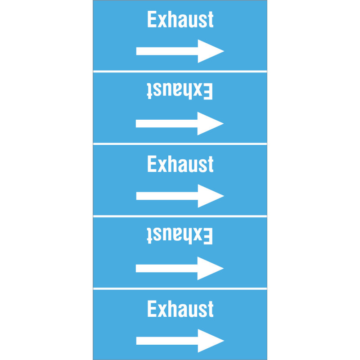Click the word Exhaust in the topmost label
[x=180, y=19]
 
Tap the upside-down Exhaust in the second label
[x=180, y=91]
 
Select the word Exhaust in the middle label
[x=180, y=164]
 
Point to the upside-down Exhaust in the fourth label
[x=180, y=235]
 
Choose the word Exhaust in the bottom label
[x=180, y=309]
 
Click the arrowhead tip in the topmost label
[x=224, y=51]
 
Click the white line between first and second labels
[x=180, y=72]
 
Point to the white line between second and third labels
[x=180, y=144]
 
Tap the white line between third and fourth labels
[x=180, y=216]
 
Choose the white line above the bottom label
[x=180, y=288]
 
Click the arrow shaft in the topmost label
[x=167, y=51]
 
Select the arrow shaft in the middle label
[x=167, y=196]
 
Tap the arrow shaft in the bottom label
[x=167, y=341]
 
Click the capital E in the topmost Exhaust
[x=152, y=19]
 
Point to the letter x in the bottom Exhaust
[x=162, y=311]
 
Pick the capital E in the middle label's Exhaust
[x=152, y=164]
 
